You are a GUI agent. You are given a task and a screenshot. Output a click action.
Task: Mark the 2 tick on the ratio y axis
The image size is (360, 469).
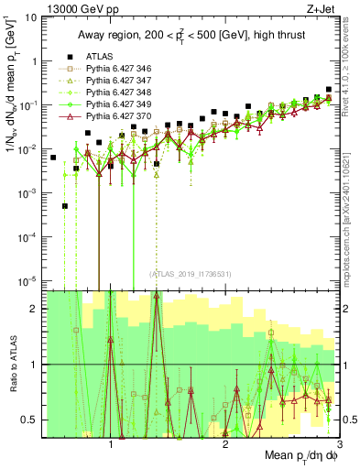coord(35,309)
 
